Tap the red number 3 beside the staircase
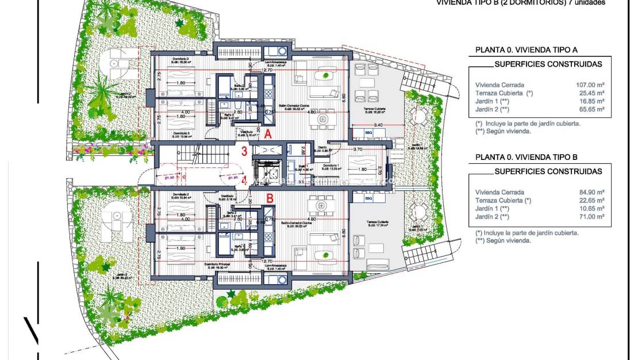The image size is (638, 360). tap(244, 152)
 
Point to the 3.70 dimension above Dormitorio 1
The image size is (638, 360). tap(357, 149)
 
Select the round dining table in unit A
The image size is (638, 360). tap(323, 120)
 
